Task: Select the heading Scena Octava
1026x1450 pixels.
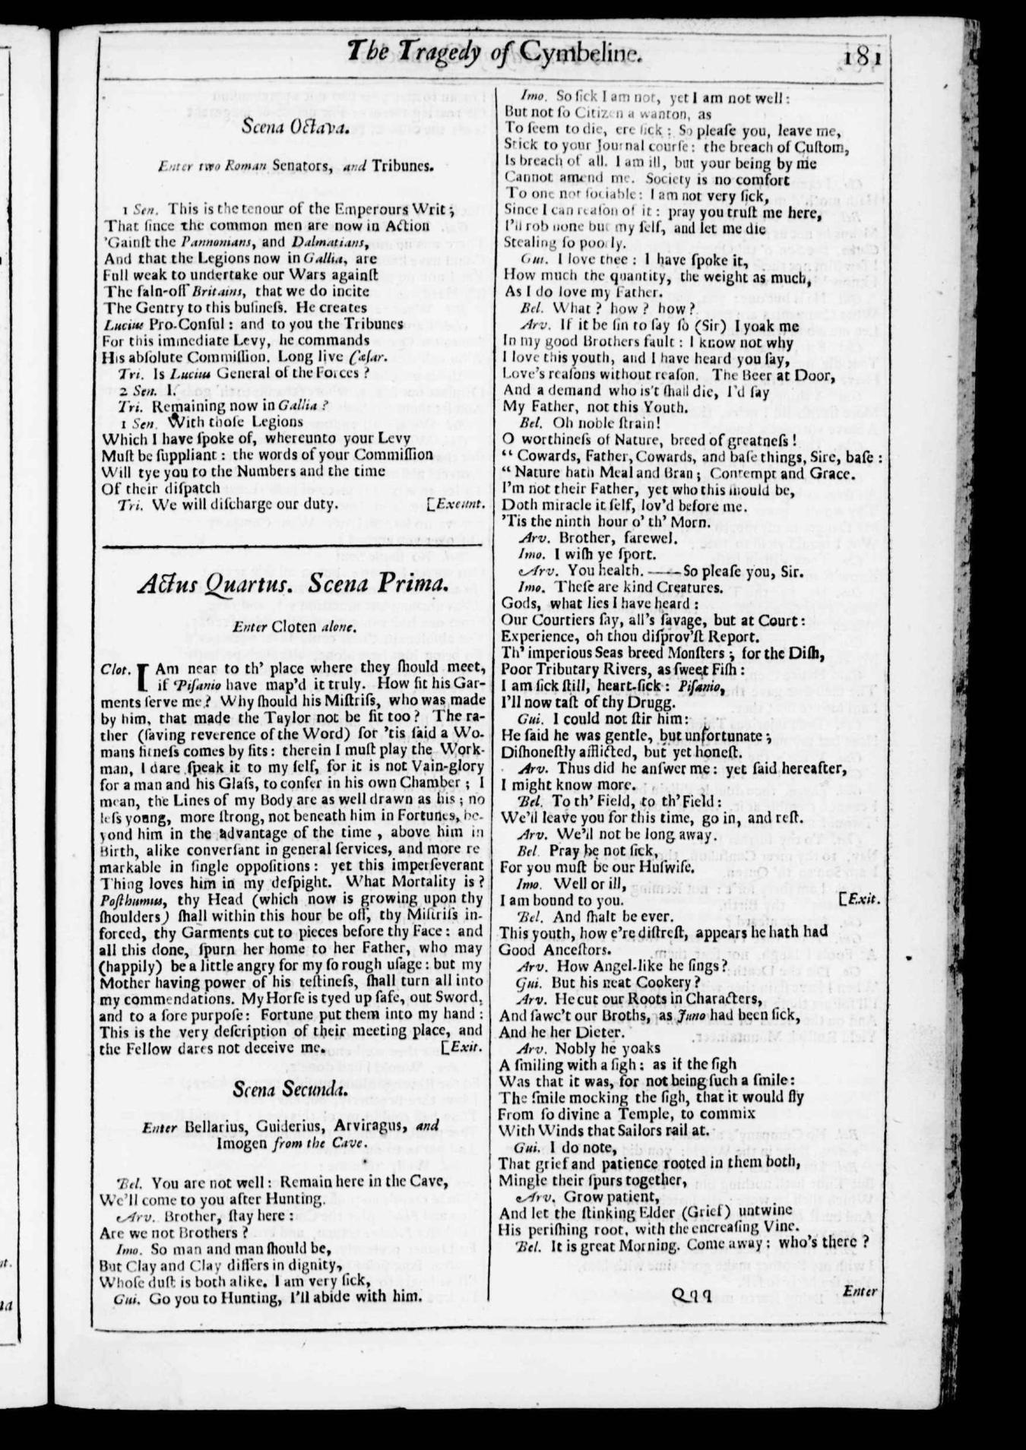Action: [x=295, y=128]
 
